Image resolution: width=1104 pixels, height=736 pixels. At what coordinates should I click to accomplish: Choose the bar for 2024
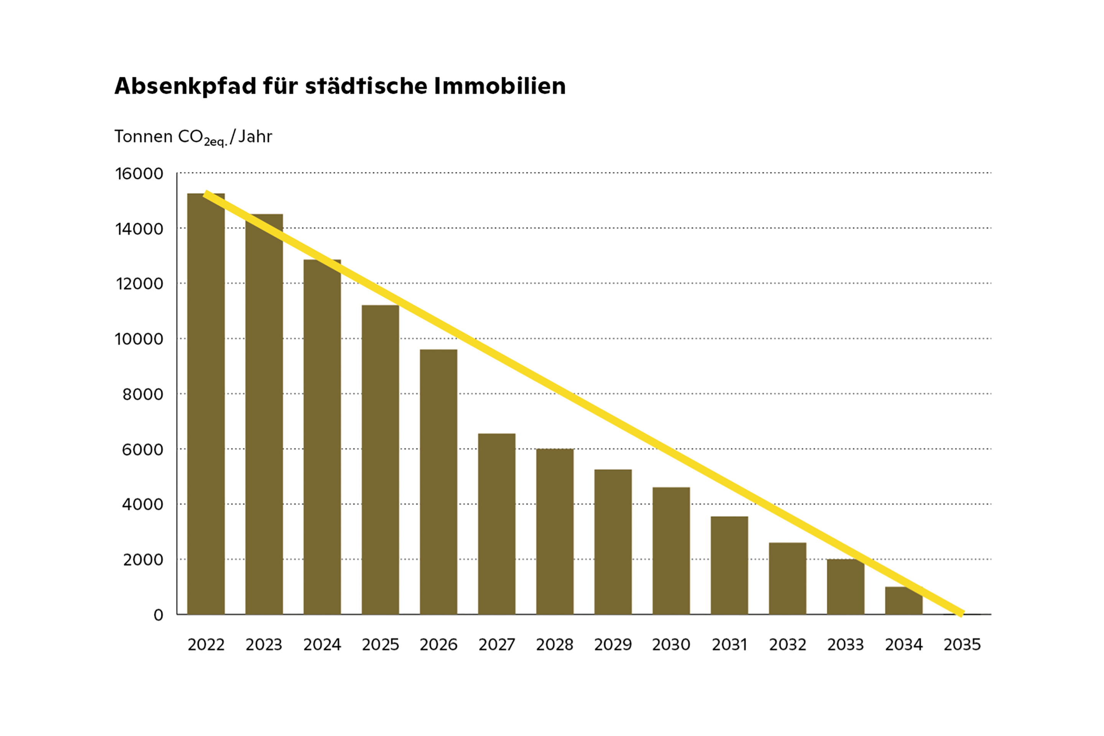[322, 441]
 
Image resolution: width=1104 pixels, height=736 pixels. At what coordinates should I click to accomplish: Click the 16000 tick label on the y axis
[139, 174]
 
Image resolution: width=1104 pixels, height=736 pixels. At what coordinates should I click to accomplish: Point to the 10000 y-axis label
[139, 339]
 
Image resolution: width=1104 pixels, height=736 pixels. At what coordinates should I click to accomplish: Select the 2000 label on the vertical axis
[143, 560]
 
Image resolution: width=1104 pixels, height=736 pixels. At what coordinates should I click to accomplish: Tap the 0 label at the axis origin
[158, 615]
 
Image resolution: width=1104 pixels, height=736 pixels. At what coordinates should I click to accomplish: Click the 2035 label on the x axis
[962, 645]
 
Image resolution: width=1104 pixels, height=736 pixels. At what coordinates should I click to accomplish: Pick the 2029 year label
[613, 645]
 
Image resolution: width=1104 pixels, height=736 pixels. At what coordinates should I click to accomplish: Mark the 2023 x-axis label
[264, 645]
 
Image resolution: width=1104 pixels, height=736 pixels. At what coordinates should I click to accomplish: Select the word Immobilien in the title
[499, 86]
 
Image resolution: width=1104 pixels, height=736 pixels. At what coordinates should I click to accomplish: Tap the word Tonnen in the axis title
[144, 136]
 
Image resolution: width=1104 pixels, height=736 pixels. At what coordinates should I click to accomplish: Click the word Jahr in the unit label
[255, 136]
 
